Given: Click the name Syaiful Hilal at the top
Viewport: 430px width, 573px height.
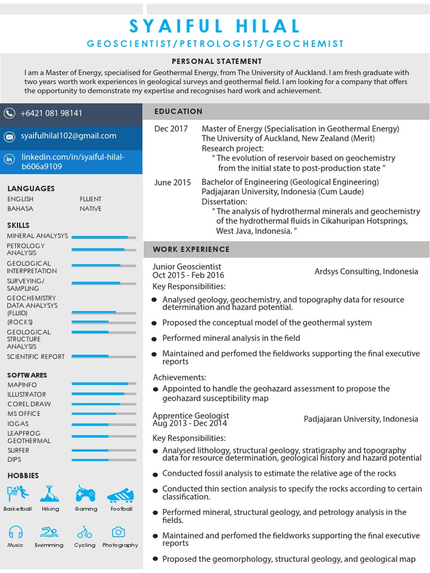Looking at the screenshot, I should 215,26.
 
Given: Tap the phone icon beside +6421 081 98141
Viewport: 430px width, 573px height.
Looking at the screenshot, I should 10,114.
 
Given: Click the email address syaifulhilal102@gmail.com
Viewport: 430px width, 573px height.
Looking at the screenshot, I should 68,136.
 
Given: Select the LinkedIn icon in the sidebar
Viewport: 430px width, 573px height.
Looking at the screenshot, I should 10,159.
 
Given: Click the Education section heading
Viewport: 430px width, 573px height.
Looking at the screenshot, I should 179,111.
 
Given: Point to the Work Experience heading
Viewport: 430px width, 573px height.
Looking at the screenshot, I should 191,249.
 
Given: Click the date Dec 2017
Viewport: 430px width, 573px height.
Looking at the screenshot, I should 171,129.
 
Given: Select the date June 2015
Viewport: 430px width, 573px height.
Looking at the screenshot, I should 172,182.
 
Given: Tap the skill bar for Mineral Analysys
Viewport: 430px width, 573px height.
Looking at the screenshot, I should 104,237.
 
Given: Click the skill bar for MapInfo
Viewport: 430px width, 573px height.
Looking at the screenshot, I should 104,384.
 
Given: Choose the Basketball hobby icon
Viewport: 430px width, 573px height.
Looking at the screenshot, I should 17,494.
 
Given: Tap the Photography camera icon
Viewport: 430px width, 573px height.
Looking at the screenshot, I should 118,532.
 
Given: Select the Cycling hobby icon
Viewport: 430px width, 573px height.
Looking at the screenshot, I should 85,532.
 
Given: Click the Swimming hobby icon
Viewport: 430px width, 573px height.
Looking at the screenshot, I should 49,532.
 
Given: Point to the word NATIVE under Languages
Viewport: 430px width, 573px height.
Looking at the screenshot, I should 91,209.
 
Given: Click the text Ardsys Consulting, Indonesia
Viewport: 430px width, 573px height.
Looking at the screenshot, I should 366,271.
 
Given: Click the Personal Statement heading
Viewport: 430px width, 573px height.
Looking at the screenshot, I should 216,61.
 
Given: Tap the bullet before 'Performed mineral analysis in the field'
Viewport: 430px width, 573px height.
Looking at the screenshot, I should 155,339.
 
